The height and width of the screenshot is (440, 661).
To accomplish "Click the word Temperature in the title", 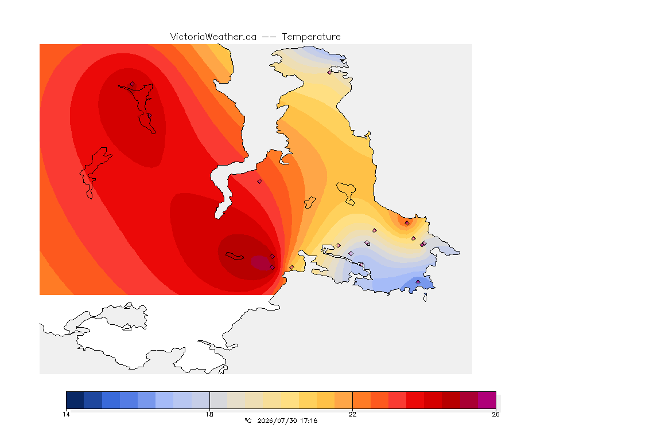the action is click(311, 37).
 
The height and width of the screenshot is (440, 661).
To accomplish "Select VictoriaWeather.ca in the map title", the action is click(213, 37).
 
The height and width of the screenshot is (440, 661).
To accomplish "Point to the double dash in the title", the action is click(269, 37).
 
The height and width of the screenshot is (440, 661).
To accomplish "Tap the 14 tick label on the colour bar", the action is click(66, 414).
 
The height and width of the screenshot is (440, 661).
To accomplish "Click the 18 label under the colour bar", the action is click(209, 414).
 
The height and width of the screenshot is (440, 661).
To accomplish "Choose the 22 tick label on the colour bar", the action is click(352, 414).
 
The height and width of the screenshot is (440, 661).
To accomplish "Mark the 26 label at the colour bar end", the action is click(496, 414).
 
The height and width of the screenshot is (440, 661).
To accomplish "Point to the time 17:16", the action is click(309, 421).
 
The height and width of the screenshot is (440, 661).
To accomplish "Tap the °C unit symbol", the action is click(248, 421).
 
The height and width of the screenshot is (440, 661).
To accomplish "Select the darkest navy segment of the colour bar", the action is click(75, 400).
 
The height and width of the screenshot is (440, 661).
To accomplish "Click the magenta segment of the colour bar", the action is click(487, 400).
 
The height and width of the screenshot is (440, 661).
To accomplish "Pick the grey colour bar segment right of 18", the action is click(219, 400).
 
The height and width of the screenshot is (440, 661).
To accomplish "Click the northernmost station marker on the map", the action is click(330, 72).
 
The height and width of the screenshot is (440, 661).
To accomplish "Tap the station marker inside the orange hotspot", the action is click(407, 223).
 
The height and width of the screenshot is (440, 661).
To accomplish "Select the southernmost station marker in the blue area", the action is click(418, 282).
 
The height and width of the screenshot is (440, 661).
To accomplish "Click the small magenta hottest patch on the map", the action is click(261, 263).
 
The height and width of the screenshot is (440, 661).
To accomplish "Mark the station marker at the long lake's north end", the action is click(133, 84).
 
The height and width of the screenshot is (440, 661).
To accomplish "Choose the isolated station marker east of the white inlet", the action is click(260, 182).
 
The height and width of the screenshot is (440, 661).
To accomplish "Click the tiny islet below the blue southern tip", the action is click(425, 297).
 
